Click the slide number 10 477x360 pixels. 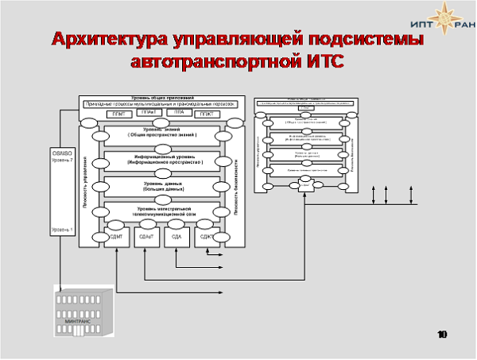coord(442,335)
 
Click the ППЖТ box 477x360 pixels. coord(205,114)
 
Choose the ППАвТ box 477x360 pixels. coord(146,114)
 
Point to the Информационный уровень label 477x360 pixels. coord(161,160)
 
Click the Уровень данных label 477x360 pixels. coord(161,186)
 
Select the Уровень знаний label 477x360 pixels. coord(161,132)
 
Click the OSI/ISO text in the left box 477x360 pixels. coord(62,152)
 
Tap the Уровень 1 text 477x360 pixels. coord(62,230)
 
